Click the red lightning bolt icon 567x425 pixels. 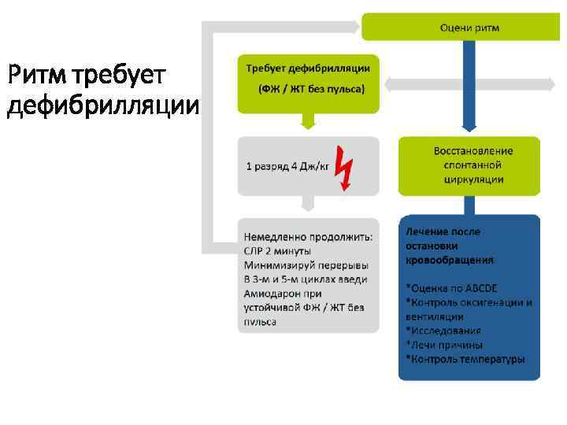tap(344, 168)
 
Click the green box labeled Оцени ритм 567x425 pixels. tap(469, 28)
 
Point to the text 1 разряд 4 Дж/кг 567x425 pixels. tap(287, 167)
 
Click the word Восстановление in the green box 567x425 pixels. tap(472, 150)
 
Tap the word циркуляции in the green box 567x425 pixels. tap(472, 179)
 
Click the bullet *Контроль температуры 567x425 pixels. tap(465, 360)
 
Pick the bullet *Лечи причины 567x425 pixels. tap(444, 345)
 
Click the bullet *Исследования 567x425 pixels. tap(443, 331)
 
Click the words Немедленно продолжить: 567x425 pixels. tap(308, 236)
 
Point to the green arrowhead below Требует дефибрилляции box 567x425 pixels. tap(308, 122)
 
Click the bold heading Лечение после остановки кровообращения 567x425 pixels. tap(450, 245)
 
